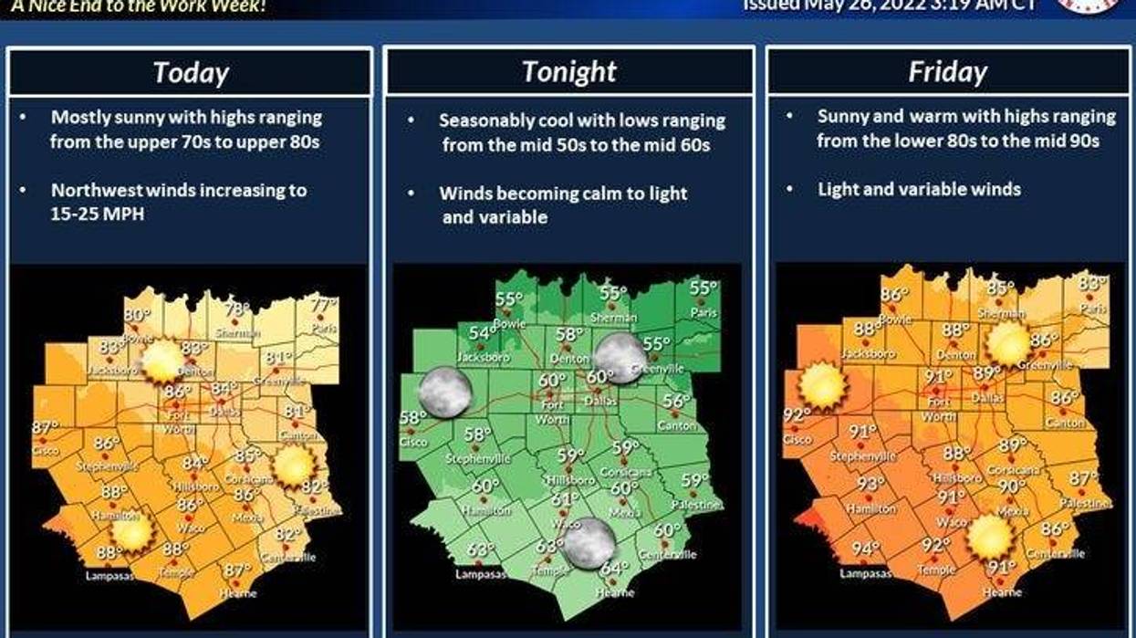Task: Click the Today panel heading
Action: point(190,72)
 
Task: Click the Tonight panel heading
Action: point(569,71)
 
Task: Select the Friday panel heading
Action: point(947,72)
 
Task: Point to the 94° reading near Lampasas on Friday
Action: point(865,549)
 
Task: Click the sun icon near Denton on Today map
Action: point(162,361)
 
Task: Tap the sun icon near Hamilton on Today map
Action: point(131,531)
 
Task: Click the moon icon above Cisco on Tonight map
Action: point(444,391)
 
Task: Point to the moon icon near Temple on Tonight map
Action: point(589,542)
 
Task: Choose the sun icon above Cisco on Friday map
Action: point(823,386)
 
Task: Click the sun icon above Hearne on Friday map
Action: point(991,537)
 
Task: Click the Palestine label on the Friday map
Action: point(1086,503)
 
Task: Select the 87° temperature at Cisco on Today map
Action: point(45,427)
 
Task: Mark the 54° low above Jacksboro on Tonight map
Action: point(480,333)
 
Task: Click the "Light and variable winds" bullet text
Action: point(919,190)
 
